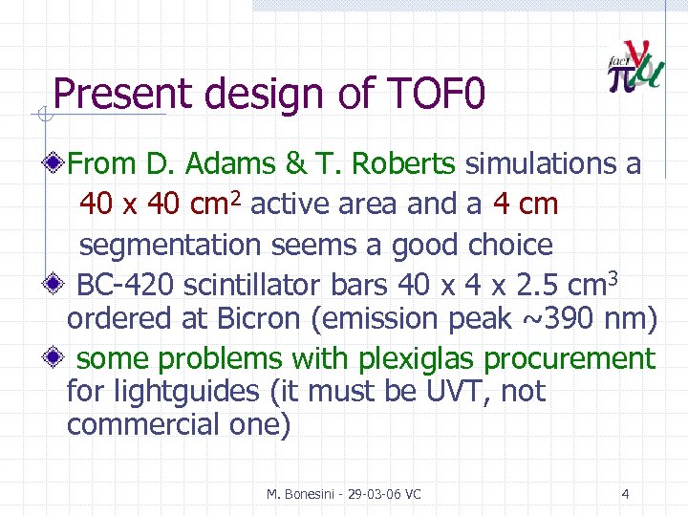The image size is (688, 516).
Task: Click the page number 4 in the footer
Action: point(625,494)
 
